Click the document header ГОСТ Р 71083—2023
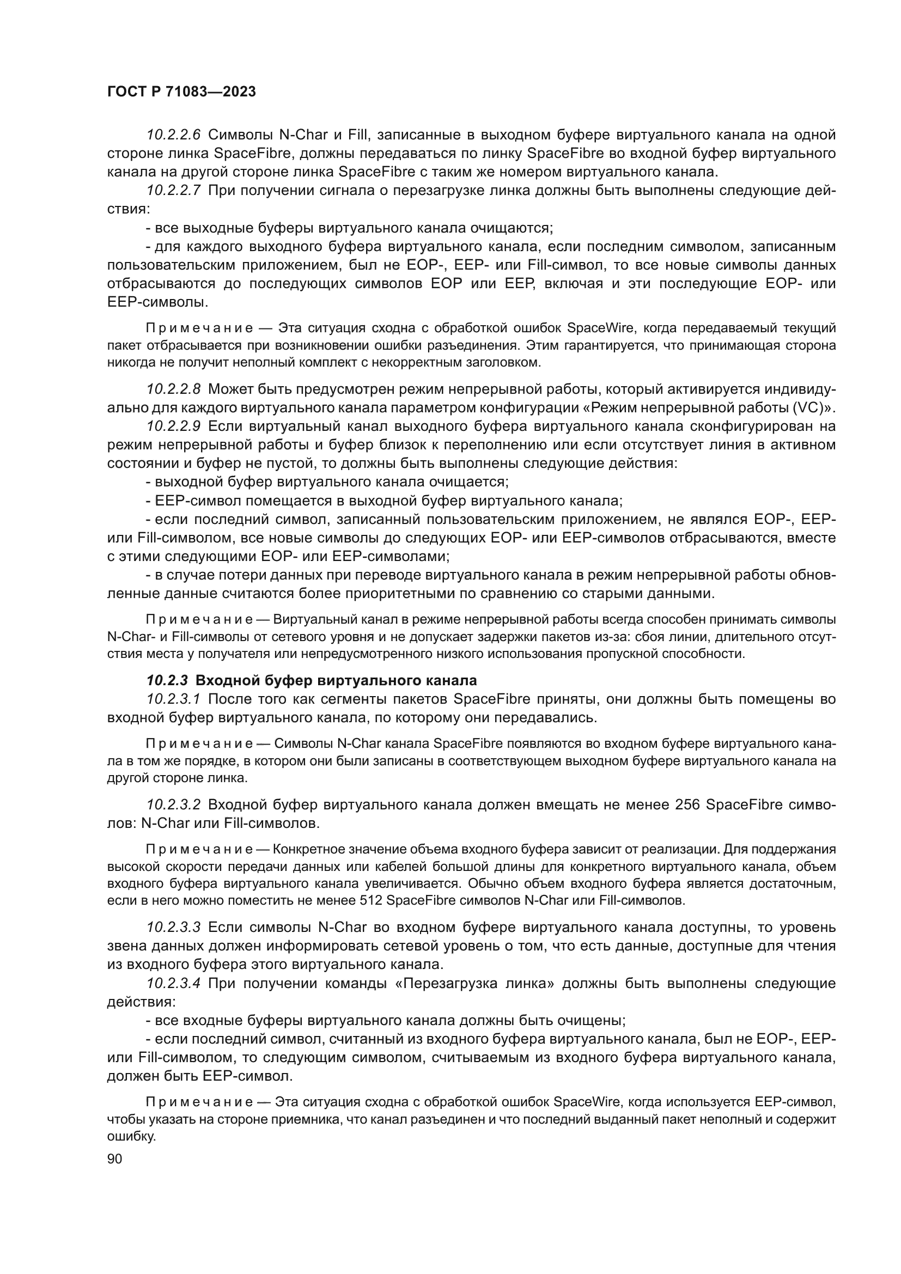point(181,92)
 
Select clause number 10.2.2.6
point(173,135)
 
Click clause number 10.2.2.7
point(173,191)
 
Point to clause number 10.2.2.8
point(173,389)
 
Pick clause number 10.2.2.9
point(173,426)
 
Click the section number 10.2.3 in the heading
point(167,680)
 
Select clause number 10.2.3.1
point(173,699)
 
